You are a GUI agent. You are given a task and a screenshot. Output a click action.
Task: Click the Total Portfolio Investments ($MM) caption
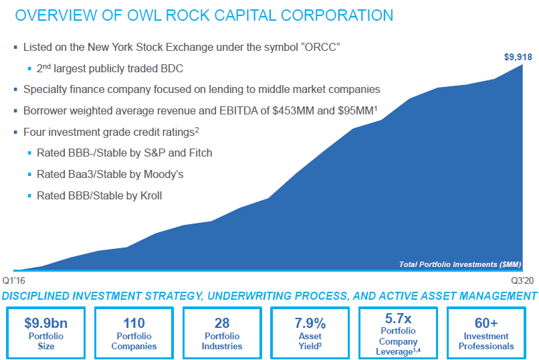click(459, 264)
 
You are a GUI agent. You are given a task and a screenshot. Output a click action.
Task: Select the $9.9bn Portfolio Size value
click(46, 323)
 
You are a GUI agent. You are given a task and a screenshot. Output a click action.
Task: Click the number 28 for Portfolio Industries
click(222, 323)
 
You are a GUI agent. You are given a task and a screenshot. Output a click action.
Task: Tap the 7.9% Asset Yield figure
click(310, 323)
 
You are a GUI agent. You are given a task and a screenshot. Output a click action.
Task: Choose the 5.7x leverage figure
click(398, 318)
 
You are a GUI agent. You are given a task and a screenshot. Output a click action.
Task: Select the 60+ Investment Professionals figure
click(486, 323)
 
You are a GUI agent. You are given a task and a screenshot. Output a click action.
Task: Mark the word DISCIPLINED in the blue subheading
click(42, 296)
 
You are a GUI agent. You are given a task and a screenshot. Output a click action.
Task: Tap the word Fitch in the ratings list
click(199, 153)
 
